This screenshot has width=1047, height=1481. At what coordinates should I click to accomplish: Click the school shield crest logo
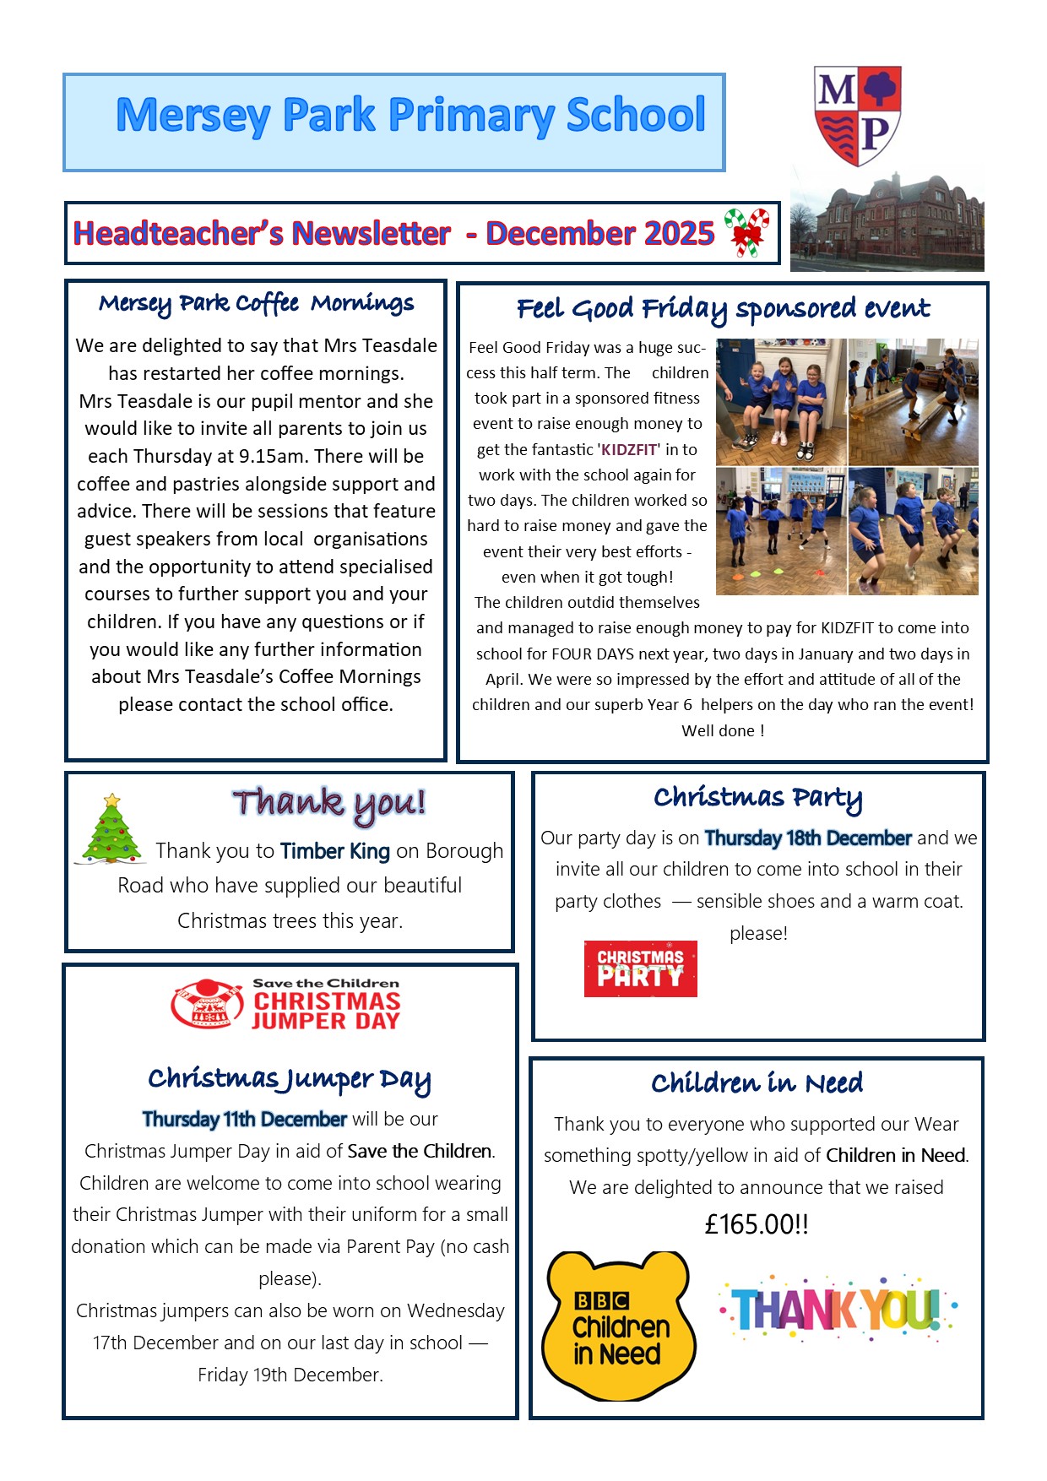click(x=857, y=115)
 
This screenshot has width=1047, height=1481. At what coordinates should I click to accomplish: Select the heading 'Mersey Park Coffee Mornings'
click(x=256, y=303)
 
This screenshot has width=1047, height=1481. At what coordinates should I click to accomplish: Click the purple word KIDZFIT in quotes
click(x=629, y=450)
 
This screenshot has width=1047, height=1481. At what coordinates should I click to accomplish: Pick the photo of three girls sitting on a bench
click(x=781, y=401)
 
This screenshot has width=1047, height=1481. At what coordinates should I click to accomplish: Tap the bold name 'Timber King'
click(x=335, y=851)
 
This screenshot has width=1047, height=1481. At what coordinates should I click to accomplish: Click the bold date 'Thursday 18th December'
click(x=808, y=838)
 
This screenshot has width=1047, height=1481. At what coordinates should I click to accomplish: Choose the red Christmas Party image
click(x=640, y=968)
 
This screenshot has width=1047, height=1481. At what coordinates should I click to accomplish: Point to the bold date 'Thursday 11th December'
click(x=244, y=1120)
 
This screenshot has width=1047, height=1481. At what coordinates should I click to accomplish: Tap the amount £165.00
click(x=757, y=1224)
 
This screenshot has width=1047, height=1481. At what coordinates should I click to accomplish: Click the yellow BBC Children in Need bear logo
click(x=620, y=1326)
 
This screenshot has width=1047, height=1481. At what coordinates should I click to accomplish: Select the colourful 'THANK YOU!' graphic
click(x=837, y=1309)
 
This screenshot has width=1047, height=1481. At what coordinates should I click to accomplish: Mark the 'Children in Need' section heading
click(x=757, y=1083)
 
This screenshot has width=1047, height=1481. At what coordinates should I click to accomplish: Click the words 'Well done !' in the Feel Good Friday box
click(x=723, y=731)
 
